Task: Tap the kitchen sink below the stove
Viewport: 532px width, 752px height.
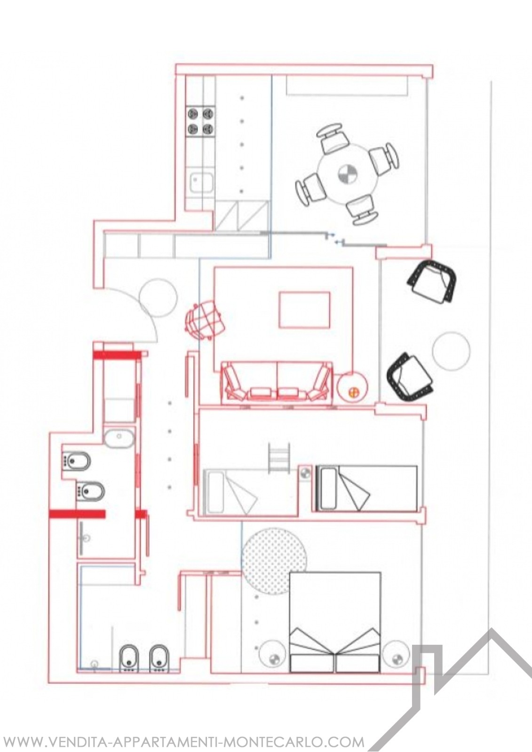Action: (x=201, y=182)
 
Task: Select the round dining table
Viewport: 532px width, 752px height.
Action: (x=348, y=174)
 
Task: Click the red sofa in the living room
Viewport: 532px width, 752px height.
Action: (x=277, y=383)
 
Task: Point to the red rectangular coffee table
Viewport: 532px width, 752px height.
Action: (x=304, y=310)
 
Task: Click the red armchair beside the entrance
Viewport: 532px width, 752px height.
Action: (x=204, y=320)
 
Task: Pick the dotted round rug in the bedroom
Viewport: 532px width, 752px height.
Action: (x=275, y=565)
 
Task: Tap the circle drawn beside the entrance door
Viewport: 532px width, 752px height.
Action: (x=159, y=297)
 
